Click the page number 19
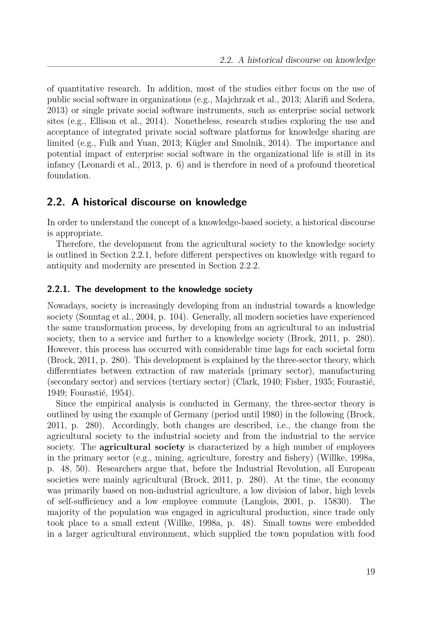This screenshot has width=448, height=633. [x=371, y=572]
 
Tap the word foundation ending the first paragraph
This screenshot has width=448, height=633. [x=69, y=176]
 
